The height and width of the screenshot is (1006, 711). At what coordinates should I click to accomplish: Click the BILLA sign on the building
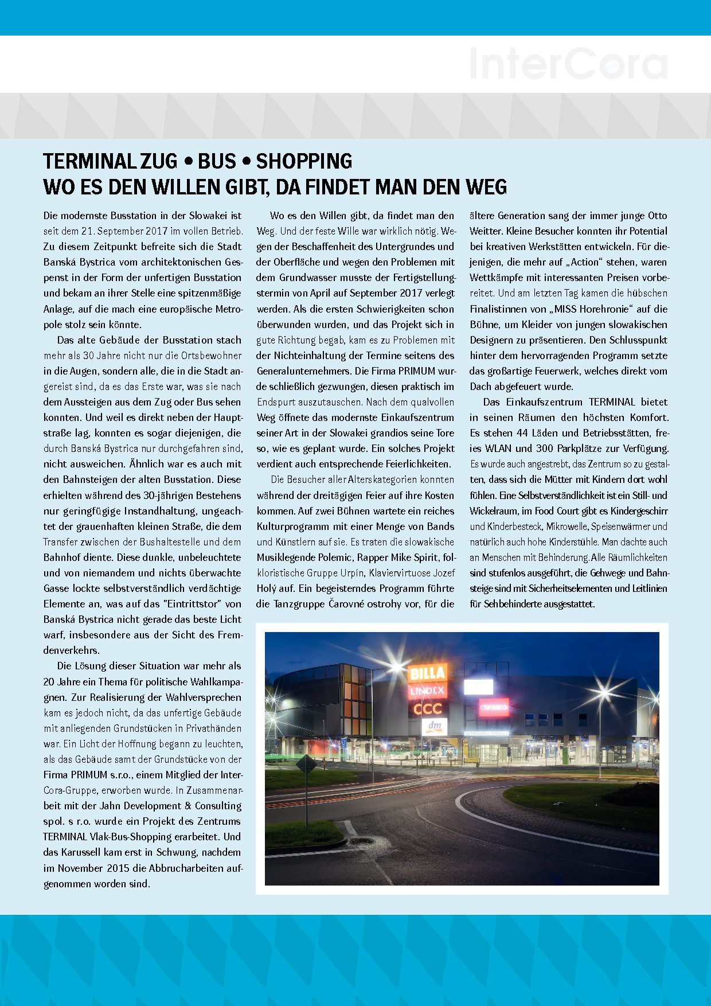428,673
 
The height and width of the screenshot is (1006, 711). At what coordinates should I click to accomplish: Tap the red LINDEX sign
427,691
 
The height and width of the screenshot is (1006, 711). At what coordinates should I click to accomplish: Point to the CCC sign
428,709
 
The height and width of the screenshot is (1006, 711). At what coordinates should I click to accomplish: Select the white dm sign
435,726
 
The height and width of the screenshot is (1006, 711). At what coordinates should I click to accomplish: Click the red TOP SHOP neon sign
494,707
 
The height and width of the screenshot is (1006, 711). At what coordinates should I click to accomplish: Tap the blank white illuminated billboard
478,687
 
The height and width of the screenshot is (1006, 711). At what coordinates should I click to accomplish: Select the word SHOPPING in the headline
304,162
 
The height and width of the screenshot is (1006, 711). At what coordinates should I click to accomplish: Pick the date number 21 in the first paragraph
87,231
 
